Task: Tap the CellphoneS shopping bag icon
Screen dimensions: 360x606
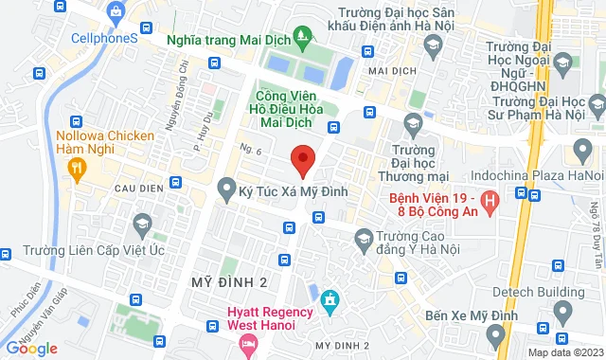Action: click(x=116, y=13)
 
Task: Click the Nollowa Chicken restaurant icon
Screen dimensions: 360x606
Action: click(x=77, y=169)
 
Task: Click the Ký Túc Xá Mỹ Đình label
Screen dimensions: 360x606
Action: click(x=294, y=191)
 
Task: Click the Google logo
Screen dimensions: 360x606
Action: click(x=31, y=349)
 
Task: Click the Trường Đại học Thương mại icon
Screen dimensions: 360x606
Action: click(x=413, y=122)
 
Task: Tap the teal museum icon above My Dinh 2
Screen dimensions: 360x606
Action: click(x=330, y=300)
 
